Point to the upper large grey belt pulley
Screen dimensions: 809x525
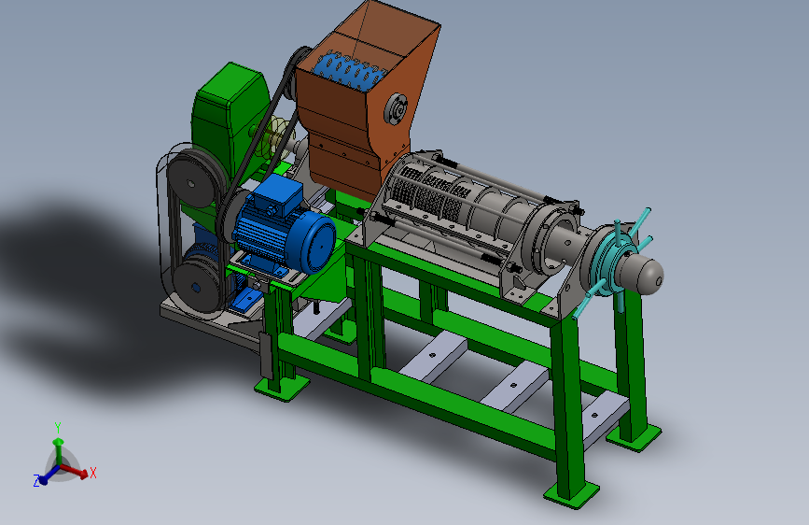[x=192, y=177]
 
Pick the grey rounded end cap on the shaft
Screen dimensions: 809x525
[x=641, y=273]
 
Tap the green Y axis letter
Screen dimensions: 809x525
[x=58, y=427]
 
